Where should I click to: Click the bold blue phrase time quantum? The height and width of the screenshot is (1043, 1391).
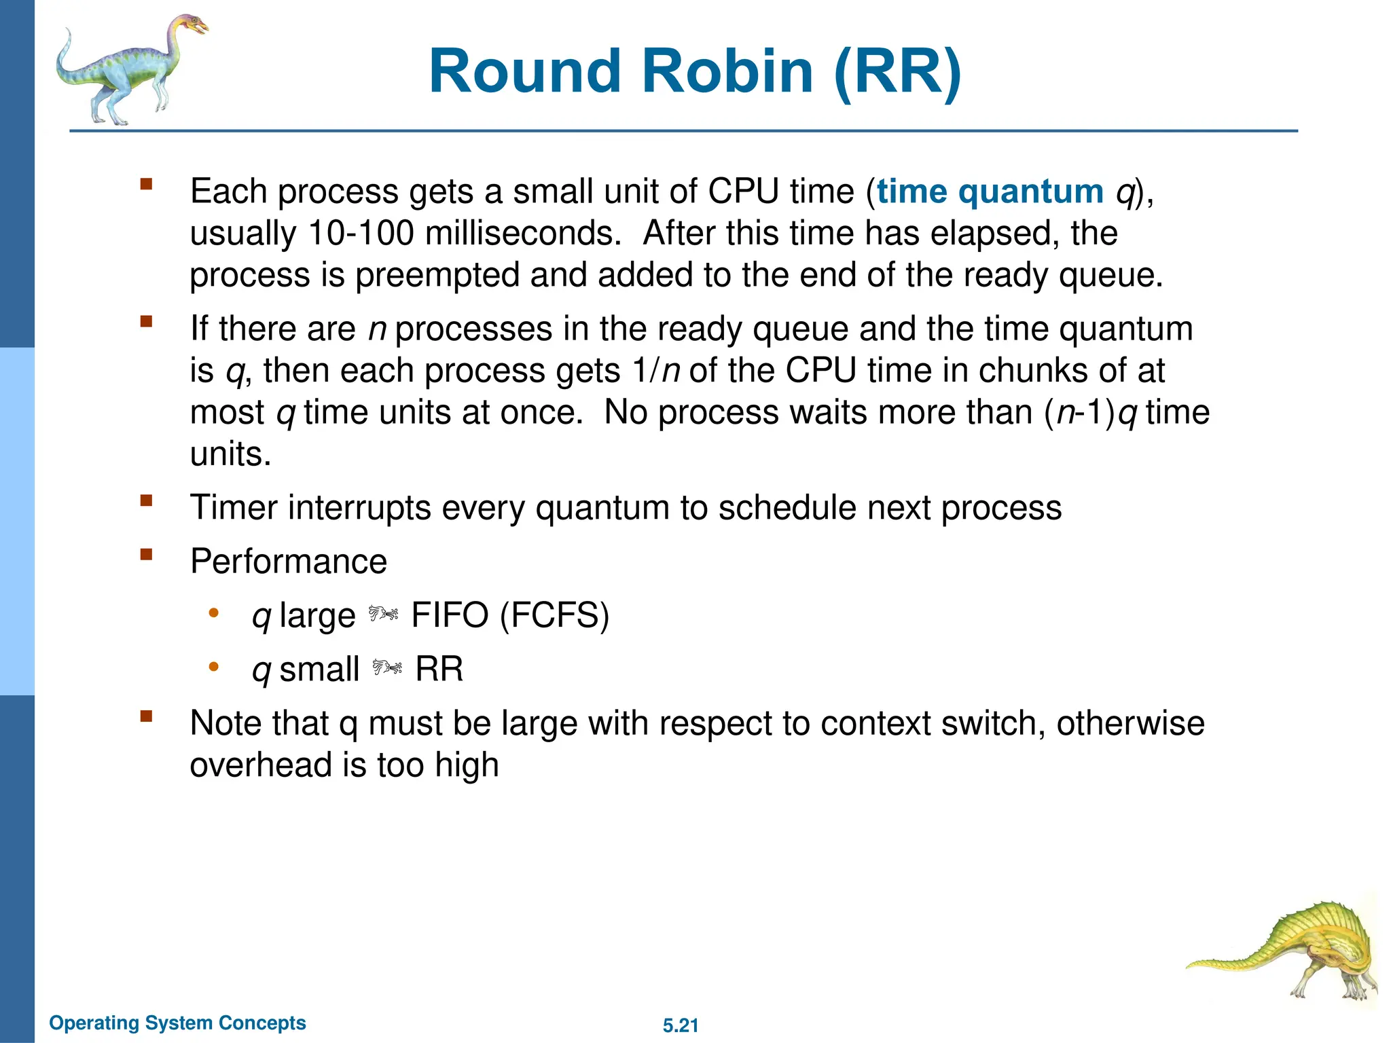tap(990, 191)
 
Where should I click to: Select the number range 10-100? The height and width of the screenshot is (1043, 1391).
tap(361, 234)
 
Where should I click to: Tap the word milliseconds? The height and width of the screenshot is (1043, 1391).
tap(523, 234)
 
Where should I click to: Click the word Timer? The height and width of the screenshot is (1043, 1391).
tap(233, 508)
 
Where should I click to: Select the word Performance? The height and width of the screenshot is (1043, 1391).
tap(289, 562)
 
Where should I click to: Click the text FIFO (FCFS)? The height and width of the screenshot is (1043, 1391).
tap(510, 615)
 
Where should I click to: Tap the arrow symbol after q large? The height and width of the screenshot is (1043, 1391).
tap(384, 615)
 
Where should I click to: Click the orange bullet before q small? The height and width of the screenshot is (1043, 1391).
tap(214, 667)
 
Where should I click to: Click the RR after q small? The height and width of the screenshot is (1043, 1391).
tap(439, 670)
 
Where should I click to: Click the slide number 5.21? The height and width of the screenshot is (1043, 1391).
tap(681, 1025)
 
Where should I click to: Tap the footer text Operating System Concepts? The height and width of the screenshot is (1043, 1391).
tap(177, 1023)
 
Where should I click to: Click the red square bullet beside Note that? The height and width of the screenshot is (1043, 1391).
tap(146, 716)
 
